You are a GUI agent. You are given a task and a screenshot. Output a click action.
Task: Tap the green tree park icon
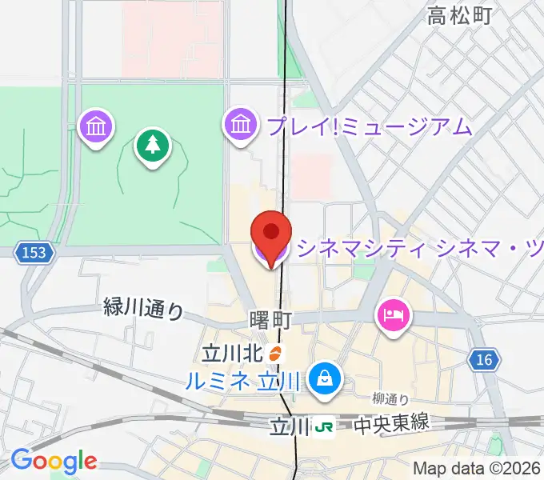pos(152,146)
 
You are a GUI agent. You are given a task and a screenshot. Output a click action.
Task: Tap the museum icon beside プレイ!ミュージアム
pos(240,125)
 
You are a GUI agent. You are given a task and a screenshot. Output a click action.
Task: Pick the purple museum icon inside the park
pos(97,126)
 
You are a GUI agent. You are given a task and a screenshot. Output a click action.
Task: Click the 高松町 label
pos(459,15)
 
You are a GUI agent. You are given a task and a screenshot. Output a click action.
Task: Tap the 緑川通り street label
pos(144,308)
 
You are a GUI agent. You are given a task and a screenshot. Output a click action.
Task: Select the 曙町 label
pos(270,320)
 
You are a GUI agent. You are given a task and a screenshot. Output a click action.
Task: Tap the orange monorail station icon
pos(274,353)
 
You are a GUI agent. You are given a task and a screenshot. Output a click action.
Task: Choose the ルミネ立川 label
pos(242,381)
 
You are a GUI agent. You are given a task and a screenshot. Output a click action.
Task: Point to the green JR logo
pos(324,426)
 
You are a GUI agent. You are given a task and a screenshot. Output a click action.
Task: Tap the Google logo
pos(54,461)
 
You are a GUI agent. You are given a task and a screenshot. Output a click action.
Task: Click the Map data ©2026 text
pos(477,468)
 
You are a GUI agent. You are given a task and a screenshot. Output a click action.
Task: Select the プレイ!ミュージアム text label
pos(369,126)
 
